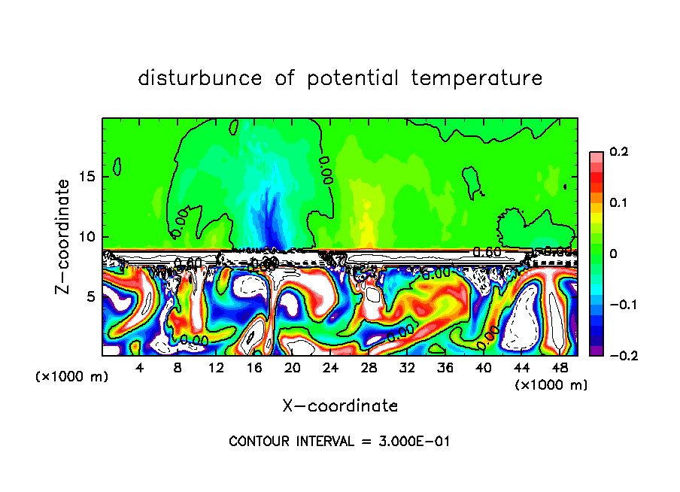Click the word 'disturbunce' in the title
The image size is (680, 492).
tap(200, 77)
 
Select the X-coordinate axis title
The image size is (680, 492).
tap(340, 406)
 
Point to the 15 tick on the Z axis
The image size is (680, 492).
tap(89, 177)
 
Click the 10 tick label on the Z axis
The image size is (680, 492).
tap(89, 236)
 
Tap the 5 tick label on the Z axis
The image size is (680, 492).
tap(93, 296)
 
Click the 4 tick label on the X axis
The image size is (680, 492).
tap(140, 369)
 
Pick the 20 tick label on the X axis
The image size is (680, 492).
tap(292, 369)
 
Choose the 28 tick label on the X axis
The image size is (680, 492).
tap(369, 369)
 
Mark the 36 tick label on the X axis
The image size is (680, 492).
tap(445, 369)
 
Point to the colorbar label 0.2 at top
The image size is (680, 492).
tap(618, 152)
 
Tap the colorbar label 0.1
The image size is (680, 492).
tap(618, 203)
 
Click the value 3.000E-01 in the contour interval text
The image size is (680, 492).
tap(411, 442)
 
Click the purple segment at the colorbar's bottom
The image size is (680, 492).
tap(596, 350)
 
